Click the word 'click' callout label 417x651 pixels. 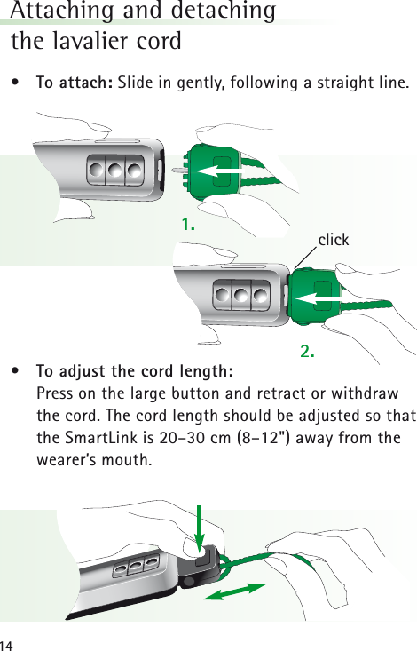click(x=334, y=240)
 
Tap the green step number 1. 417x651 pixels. click(x=187, y=226)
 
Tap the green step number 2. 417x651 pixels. click(x=308, y=352)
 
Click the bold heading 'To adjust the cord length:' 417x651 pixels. click(x=135, y=370)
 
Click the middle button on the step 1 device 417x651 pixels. click(x=114, y=169)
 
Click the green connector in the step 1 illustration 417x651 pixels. click(x=214, y=168)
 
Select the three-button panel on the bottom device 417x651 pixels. click(x=138, y=564)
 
